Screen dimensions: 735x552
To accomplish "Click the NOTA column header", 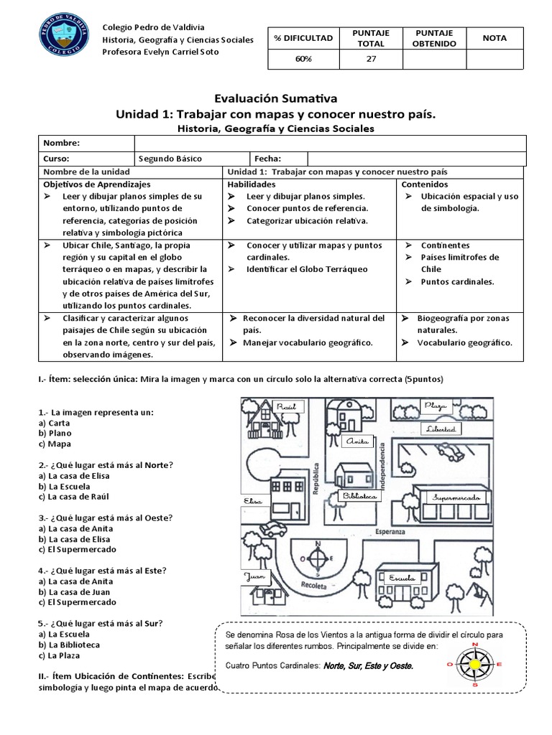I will point(495,38).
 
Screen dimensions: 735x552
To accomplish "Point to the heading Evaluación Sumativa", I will point(276,98).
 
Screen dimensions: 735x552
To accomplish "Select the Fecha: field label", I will point(268,159).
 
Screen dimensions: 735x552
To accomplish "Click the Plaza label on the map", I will point(435,406).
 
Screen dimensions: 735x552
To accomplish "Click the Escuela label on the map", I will point(402,578).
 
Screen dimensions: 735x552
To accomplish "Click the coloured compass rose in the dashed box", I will point(475,665).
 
